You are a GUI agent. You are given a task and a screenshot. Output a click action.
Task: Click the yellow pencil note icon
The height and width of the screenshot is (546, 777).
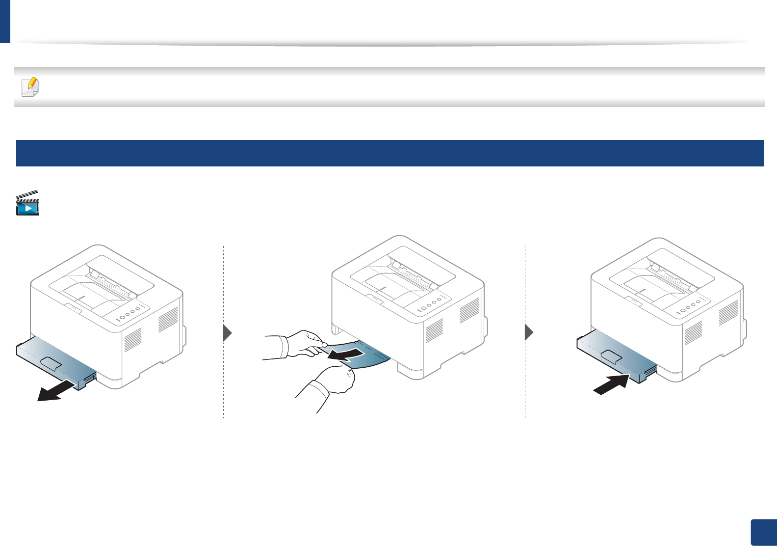coord(30,87)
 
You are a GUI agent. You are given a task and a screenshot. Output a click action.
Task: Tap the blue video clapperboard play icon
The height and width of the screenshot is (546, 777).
coord(27,203)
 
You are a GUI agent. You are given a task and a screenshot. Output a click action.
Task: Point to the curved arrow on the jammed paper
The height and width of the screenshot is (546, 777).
coord(346,354)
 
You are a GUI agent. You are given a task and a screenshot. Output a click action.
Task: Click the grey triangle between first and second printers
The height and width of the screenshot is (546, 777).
coord(227,333)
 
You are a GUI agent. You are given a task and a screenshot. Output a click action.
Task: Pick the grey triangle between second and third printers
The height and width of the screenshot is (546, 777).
coord(529,333)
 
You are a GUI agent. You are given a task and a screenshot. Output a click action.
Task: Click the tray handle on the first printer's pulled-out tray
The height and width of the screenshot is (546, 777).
coord(51,363)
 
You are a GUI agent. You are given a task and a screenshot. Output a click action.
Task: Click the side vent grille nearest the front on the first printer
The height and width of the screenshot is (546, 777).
coord(133,339)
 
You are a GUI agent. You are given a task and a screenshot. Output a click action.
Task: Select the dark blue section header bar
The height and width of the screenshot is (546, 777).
coord(389,153)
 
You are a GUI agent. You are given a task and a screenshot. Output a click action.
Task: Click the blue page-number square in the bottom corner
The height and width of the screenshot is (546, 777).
coord(764,532)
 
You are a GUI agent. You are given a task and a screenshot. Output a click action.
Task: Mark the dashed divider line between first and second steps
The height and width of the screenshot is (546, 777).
coord(224,331)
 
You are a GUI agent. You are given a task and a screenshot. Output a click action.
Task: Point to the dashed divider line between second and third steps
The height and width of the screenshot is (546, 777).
coord(525,331)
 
